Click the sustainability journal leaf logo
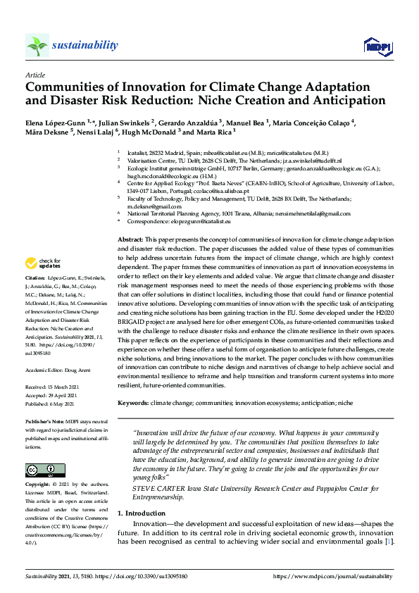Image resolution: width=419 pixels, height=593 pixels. click(37, 45)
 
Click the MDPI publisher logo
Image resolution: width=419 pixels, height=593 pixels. click(377, 46)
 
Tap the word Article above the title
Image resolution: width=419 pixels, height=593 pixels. click(35, 74)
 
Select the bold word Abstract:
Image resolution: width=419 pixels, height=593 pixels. click(130, 240)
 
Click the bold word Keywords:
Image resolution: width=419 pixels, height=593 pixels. click(132, 402)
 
